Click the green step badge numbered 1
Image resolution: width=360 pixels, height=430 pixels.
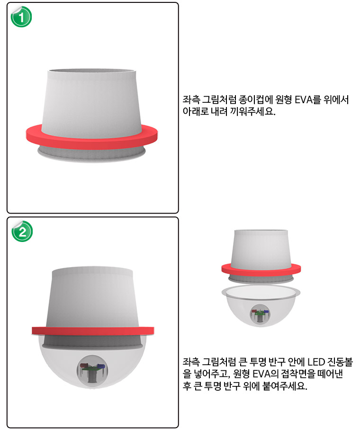tap(21, 17)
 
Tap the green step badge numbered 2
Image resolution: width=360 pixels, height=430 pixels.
tap(22, 232)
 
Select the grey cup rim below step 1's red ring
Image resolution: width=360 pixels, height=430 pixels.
tap(91, 154)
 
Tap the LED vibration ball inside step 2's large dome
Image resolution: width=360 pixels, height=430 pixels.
tap(92, 371)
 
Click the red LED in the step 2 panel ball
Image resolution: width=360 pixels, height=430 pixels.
tap(83, 366)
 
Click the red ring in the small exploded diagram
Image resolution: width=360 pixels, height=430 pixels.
tap(261, 270)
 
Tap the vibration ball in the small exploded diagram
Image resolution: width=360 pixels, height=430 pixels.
tap(260, 314)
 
